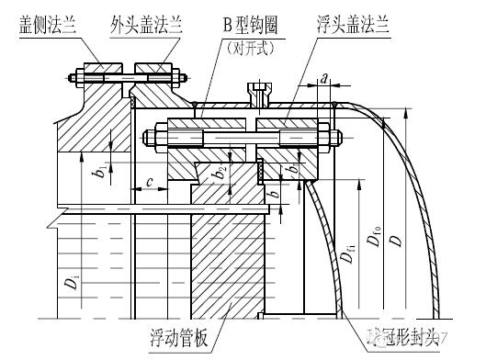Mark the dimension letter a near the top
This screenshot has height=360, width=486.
[324, 80]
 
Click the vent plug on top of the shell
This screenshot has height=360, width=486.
[261, 91]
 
